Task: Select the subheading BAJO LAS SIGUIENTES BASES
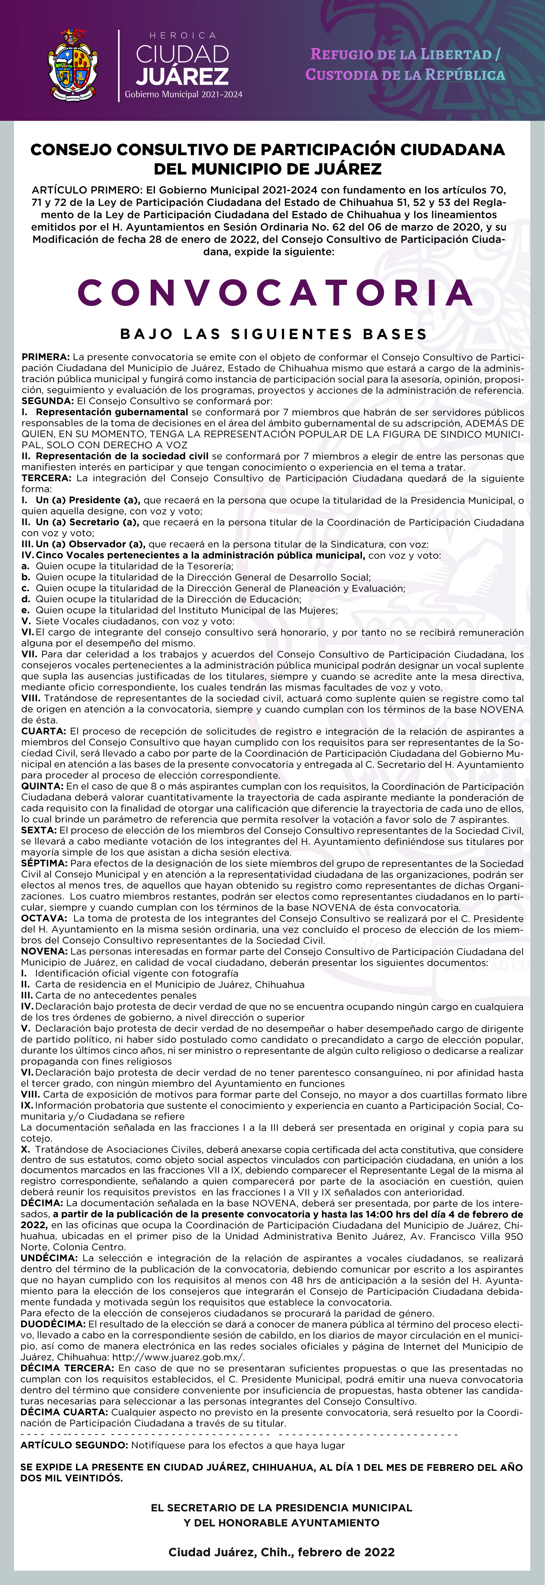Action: point(274,334)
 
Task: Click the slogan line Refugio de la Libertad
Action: point(405,54)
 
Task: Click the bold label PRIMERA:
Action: point(45,357)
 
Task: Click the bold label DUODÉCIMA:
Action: point(53,1325)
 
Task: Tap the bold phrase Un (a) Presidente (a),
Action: point(88,500)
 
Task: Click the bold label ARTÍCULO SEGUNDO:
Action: point(74,1445)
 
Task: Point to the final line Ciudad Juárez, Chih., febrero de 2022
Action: point(281,1552)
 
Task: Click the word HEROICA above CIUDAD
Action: point(183,36)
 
